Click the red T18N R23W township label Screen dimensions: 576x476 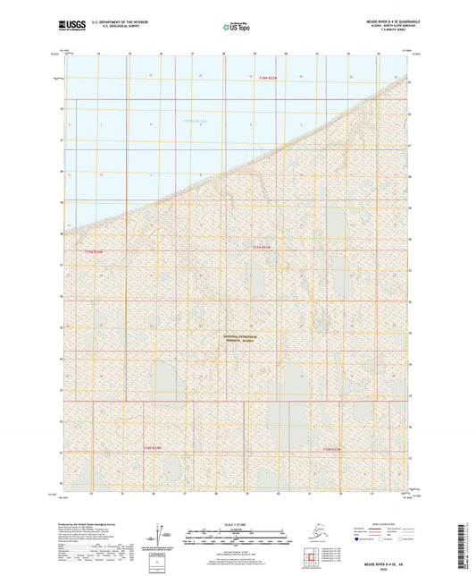point(256,80)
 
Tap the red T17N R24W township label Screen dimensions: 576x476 point(95,253)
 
